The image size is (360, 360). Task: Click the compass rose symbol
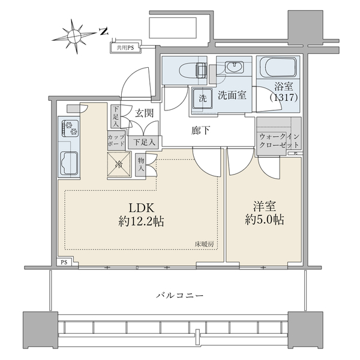(73, 37)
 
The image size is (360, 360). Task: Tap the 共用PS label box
(125, 48)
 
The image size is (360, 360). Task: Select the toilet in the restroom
(193, 70)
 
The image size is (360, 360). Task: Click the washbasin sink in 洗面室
(234, 67)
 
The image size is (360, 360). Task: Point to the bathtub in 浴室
(278, 67)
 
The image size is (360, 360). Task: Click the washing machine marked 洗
(203, 99)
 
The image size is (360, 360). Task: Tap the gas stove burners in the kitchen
(70, 128)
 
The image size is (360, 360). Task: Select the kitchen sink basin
(69, 163)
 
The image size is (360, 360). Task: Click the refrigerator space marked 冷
(119, 164)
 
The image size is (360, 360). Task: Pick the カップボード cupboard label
(116, 140)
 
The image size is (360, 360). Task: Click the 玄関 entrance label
(144, 113)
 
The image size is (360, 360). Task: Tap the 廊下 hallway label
(200, 130)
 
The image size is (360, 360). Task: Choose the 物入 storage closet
(141, 164)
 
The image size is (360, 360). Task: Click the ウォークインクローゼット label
(279, 141)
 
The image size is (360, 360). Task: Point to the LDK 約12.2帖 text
(141, 215)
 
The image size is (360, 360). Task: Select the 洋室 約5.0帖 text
(265, 213)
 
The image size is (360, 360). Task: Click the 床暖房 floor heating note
(205, 244)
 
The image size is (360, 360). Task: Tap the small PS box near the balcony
(64, 262)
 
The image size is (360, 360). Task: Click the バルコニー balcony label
(180, 295)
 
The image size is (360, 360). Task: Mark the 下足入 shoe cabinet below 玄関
(144, 142)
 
